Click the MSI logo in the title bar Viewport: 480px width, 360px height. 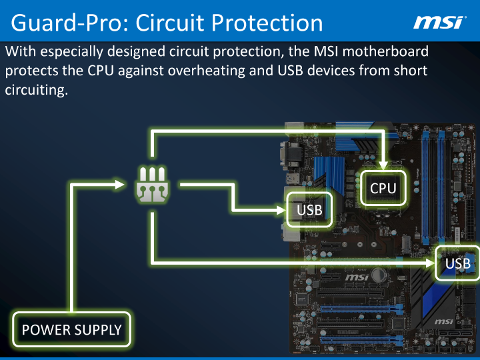coord(439,23)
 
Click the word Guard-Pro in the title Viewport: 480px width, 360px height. coord(67,23)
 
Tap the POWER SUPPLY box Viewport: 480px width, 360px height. coord(72,329)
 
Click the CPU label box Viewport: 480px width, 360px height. coord(383,188)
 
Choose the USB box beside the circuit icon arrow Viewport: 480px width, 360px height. coord(309,211)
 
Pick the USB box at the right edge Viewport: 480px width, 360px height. coord(458,263)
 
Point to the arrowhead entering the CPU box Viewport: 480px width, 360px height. coord(383,164)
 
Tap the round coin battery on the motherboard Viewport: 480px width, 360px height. coord(379,274)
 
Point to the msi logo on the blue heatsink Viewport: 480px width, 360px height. coord(444,322)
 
